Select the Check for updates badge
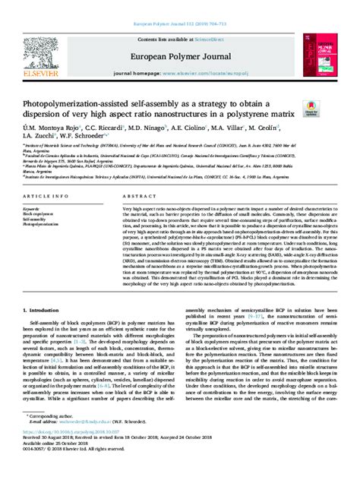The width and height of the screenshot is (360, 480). (x=311, y=112)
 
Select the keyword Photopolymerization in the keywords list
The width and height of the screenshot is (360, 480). (x=43, y=226)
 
